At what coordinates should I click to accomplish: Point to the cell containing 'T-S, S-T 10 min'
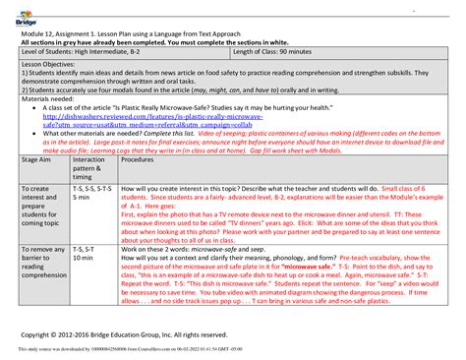(x=87, y=256)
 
